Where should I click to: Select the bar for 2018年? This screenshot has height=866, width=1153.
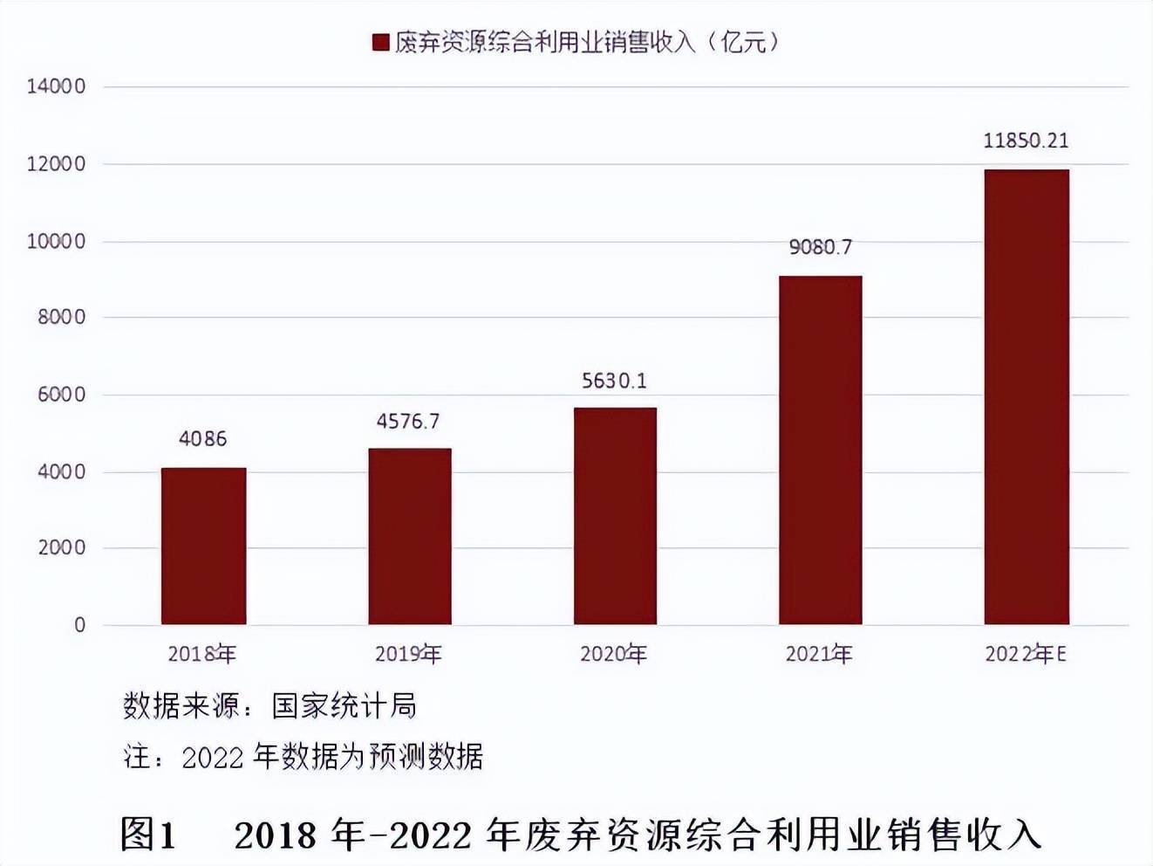(x=203, y=546)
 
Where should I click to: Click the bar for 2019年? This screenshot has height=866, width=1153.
(x=409, y=537)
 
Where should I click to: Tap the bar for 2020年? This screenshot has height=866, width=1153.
(x=615, y=516)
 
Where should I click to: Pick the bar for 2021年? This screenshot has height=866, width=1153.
(x=820, y=450)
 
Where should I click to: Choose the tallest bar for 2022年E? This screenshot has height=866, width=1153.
(x=1026, y=397)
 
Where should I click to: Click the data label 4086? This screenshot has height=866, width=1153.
(x=202, y=439)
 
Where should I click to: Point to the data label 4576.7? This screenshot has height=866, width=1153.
(x=407, y=422)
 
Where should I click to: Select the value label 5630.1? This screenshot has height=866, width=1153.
(x=614, y=381)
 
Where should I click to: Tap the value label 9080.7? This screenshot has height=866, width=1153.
(x=820, y=247)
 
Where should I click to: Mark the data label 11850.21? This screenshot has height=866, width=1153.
(x=1026, y=141)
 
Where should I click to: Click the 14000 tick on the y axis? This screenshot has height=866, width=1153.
(x=56, y=86)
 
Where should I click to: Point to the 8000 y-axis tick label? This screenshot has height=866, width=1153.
(x=61, y=318)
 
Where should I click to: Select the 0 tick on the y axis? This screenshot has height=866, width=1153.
(x=79, y=625)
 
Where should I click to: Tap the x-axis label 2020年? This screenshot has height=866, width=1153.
(x=613, y=654)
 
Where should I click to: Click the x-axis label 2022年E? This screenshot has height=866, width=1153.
(x=1026, y=654)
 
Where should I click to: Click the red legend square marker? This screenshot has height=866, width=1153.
(x=380, y=42)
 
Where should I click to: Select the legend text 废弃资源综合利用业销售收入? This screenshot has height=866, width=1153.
(x=545, y=42)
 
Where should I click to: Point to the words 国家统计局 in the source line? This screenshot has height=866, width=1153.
(x=344, y=705)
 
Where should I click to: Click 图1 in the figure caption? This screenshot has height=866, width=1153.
(x=148, y=835)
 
